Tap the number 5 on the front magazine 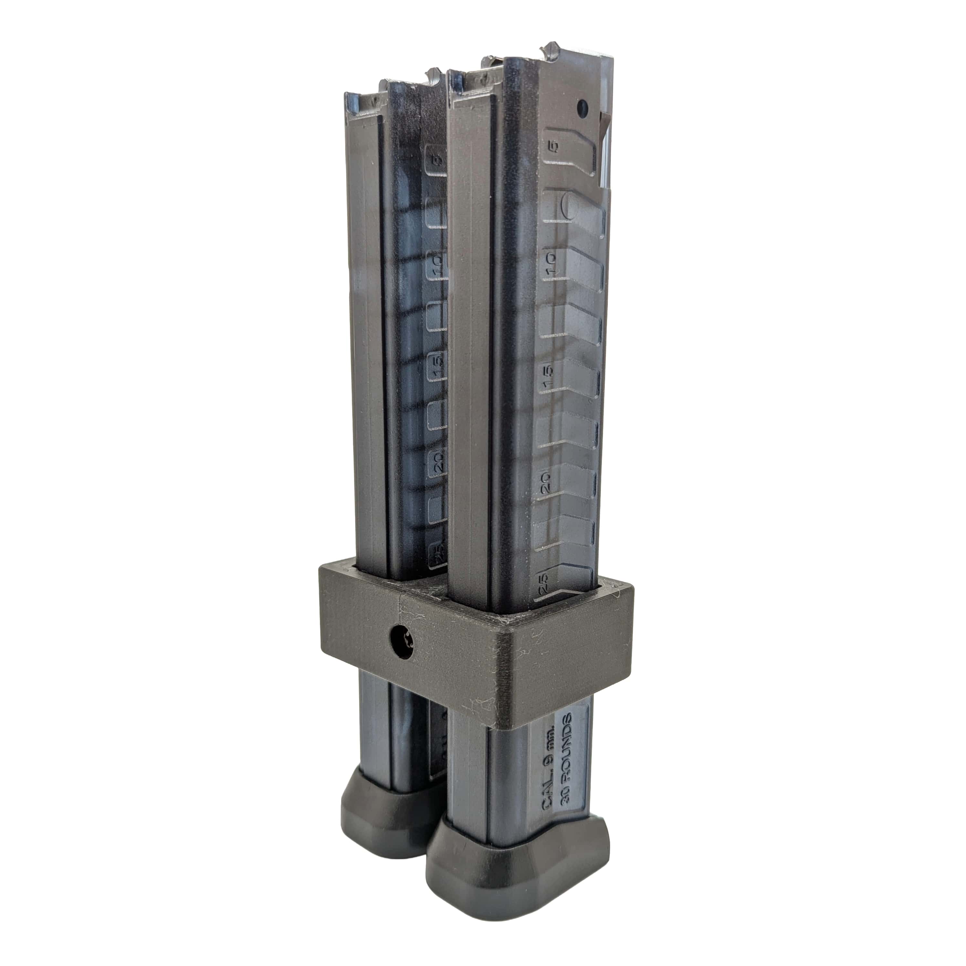coord(553,146)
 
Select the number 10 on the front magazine coord(550,262)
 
